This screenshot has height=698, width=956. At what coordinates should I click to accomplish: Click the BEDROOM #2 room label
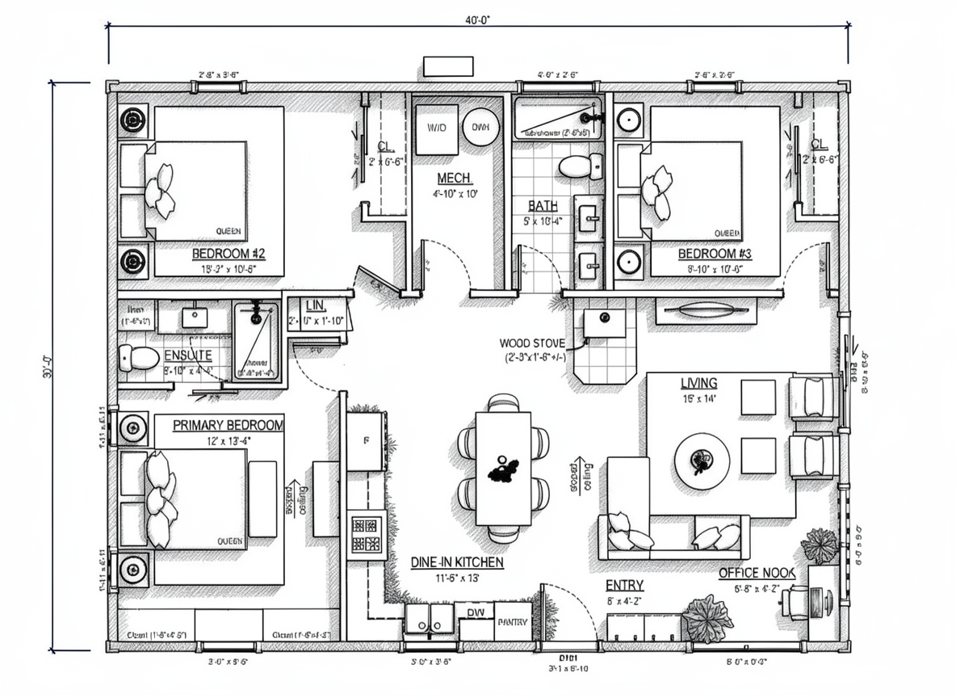(x=228, y=254)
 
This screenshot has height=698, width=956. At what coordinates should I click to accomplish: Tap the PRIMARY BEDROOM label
(x=229, y=425)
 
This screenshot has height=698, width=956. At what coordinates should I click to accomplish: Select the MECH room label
(x=455, y=178)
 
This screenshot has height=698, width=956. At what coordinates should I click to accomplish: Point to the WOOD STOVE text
(x=533, y=343)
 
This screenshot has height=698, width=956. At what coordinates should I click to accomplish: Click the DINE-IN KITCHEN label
(x=457, y=561)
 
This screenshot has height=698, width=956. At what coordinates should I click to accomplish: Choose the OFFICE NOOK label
(x=757, y=573)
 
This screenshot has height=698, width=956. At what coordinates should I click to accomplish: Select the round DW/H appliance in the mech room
(x=480, y=127)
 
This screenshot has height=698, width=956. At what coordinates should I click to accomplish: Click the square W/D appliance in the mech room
(x=436, y=128)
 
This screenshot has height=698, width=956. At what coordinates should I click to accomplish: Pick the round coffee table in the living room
(x=702, y=460)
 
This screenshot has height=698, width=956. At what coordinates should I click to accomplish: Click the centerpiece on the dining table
(x=505, y=468)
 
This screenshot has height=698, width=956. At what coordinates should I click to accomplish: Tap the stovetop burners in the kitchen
(x=365, y=534)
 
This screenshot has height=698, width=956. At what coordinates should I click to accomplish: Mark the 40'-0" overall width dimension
(x=478, y=21)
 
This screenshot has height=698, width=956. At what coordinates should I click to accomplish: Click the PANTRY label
(x=513, y=622)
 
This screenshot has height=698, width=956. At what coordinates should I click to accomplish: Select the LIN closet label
(x=315, y=305)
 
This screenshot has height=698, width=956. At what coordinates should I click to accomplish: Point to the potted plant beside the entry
(x=707, y=617)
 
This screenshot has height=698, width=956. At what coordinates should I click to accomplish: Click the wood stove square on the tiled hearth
(x=605, y=322)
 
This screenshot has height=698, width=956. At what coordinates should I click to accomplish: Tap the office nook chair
(x=796, y=602)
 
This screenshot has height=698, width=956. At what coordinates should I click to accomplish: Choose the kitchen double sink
(x=430, y=620)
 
